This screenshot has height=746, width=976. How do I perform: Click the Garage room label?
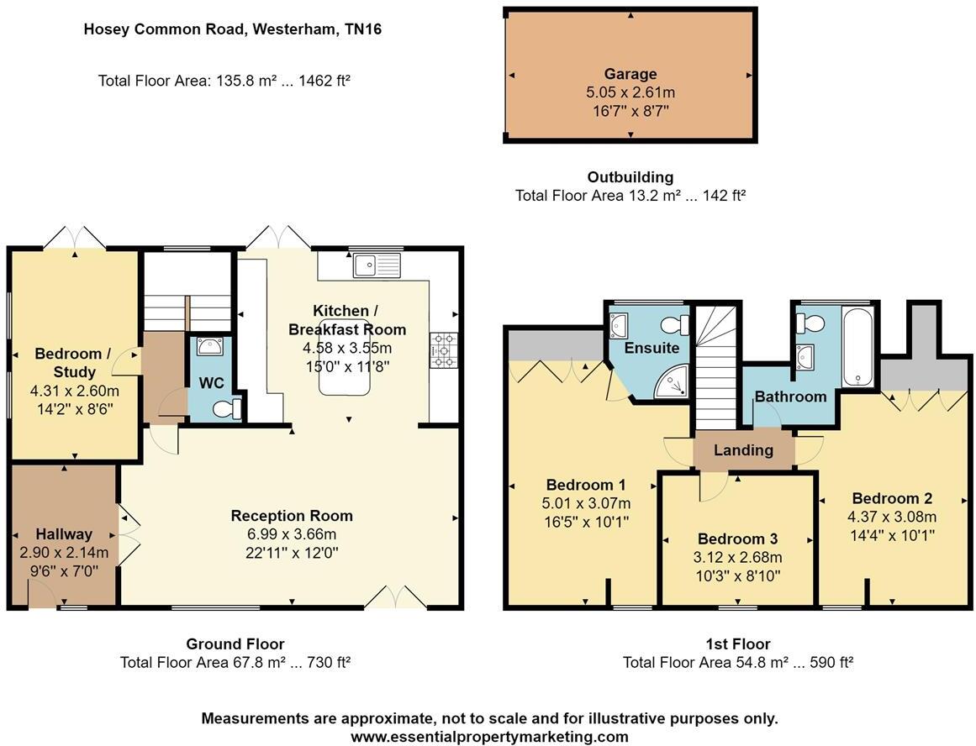coord(630,74)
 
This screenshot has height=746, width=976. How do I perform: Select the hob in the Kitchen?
coord(442,349)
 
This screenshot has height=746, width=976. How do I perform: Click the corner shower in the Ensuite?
coord(674,382)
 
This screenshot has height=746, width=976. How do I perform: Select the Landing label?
coord(743,450)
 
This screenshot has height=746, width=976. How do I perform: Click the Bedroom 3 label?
coord(737,538)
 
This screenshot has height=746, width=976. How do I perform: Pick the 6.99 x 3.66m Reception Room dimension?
coord(292,533)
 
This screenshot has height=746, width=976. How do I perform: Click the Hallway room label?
coord(64,534)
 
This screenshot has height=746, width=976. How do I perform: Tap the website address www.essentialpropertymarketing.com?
coord(489,737)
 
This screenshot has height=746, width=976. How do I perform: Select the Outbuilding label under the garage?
coord(630,177)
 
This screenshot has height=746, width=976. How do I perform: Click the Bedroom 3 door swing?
coord(713,486)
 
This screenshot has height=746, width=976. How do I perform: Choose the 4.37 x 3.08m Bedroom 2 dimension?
coord(892,517)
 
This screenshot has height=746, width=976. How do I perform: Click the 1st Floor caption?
coord(737,644)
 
